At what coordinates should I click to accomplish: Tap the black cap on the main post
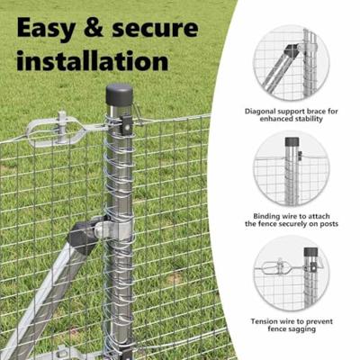point(119,94)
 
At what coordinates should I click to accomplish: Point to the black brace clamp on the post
point(87,236)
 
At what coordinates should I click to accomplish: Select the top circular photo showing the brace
point(291,62)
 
